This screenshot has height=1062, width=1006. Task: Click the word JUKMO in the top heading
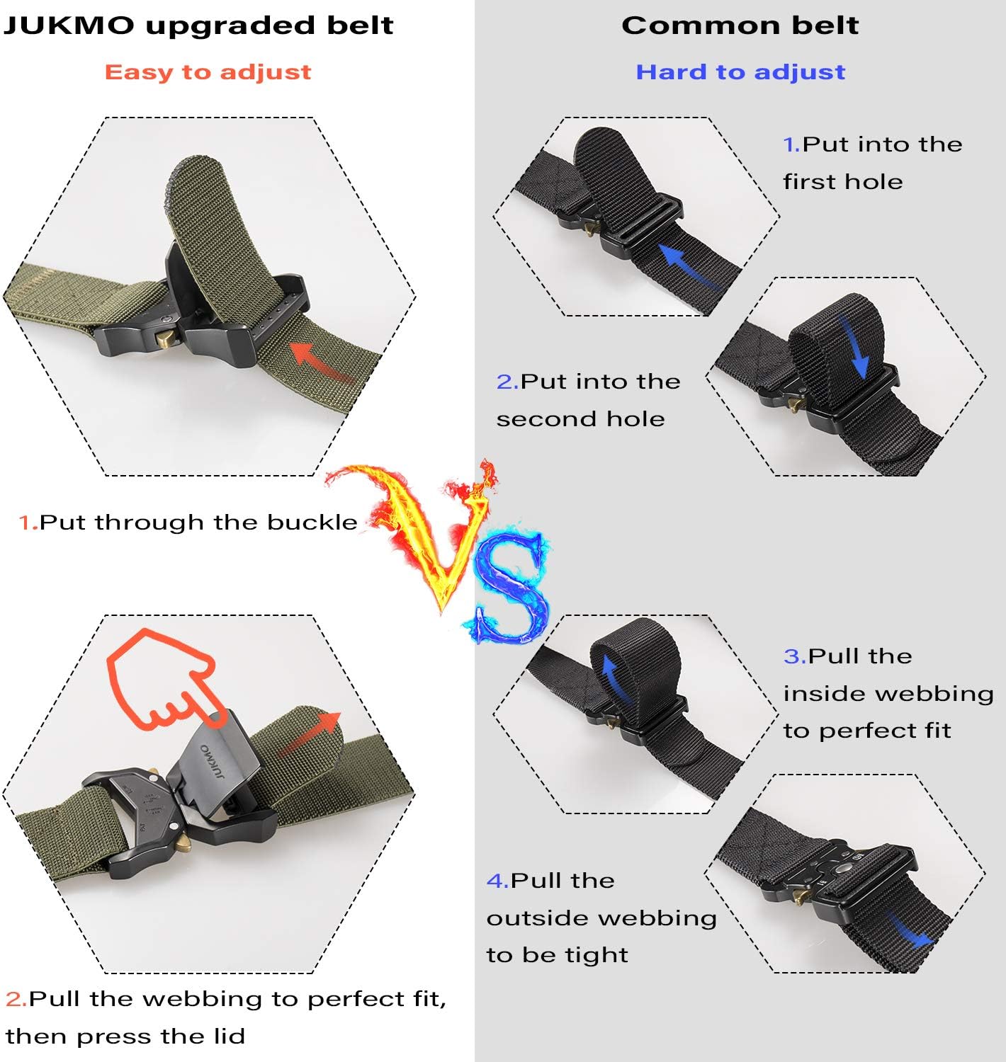pyautogui.click(x=69, y=26)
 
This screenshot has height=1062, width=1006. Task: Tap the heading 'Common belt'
pyautogui.click(x=740, y=26)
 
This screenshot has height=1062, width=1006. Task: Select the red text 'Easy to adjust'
pyautogui.click(x=208, y=72)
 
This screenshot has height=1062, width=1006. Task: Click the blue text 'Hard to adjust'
pyautogui.click(x=740, y=72)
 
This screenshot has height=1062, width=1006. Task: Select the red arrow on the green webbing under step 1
pyautogui.click(x=322, y=361)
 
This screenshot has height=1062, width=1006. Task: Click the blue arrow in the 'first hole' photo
pyautogui.click(x=691, y=268)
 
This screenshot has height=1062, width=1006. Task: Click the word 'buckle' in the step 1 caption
pyautogui.click(x=312, y=523)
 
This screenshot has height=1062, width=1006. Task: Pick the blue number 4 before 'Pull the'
pyautogui.click(x=497, y=881)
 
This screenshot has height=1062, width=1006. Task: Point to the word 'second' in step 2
pyautogui.click(x=541, y=419)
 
